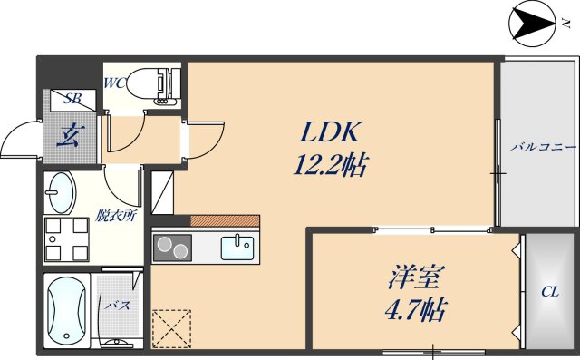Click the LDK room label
tap(332, 132)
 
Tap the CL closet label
tap(549, 292)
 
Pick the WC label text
tap(115, 83)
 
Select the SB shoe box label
tap(72, 99)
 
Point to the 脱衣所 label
tap(117, 216)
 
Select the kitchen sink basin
tap(240, 245)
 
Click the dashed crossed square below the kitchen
tap(173, 327)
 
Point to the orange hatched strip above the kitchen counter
tap(225, 220)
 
